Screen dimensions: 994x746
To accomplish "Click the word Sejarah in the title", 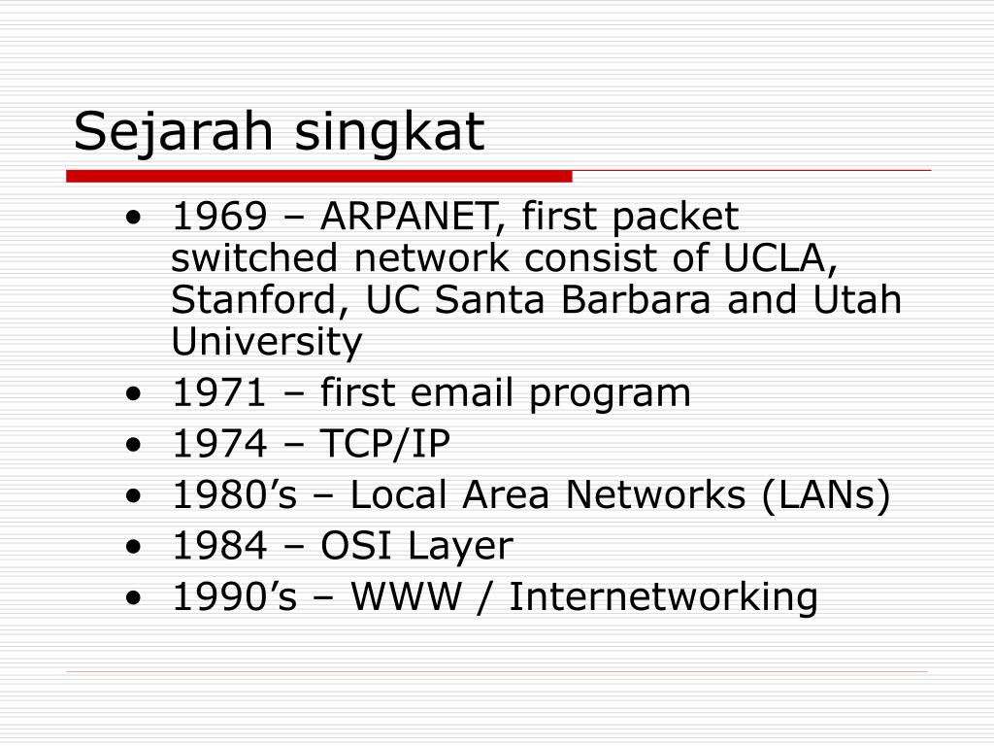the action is pos(173,131).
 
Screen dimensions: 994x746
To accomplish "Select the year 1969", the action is pos(219,217).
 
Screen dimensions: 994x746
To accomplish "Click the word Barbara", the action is pos(636,300).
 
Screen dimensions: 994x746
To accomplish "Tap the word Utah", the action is pos(857,300).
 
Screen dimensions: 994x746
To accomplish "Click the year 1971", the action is pos(218,392).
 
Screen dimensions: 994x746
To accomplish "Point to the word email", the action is pos(461,392).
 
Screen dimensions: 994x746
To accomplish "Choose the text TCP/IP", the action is pos(385,443).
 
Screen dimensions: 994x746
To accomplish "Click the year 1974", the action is pos(219,443).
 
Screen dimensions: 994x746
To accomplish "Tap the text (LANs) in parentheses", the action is pos(826,494).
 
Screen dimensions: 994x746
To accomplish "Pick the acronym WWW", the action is pos(407,597).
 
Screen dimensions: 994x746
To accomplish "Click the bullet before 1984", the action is pos(134,547).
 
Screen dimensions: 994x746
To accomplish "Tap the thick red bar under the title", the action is pos(318,176).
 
